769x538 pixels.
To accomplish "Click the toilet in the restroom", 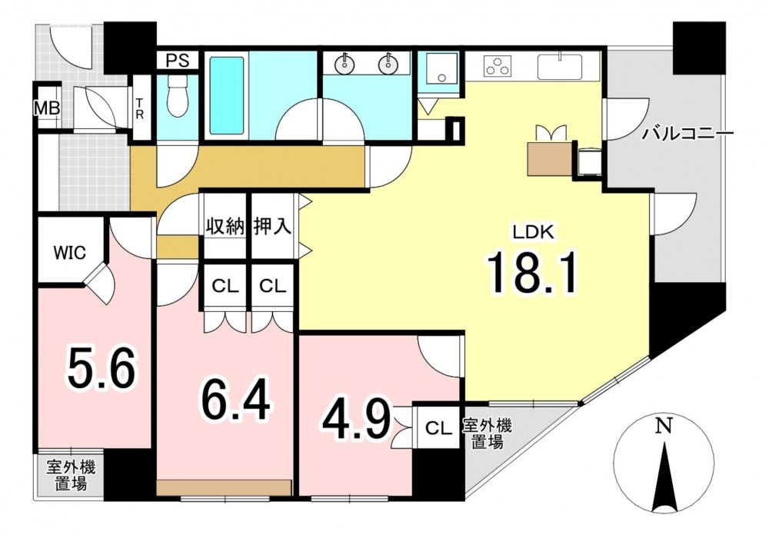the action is (177, 97).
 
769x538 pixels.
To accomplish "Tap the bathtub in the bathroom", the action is (227, 95).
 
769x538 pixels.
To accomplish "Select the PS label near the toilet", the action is (177, 61).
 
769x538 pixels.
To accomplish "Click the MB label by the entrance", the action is (47, 108).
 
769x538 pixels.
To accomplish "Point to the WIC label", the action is (70, 253).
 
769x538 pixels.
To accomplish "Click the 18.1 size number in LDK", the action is (532, 272).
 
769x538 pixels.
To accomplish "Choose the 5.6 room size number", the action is (101, 367).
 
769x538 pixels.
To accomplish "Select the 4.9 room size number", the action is (356, 419).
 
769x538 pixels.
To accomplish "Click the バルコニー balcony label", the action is (688, 133).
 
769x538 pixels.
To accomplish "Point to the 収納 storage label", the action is (225, 227).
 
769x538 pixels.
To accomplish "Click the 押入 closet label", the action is (273, 227).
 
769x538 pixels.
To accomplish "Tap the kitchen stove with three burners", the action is (498, 66).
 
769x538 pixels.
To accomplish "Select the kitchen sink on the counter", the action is (560, 67).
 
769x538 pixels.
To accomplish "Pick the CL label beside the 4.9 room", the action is (438, 428).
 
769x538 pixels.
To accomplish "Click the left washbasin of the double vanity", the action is (345, 63).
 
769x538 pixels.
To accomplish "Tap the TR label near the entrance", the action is (140, 109).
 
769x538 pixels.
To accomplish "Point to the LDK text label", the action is (533, 232).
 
